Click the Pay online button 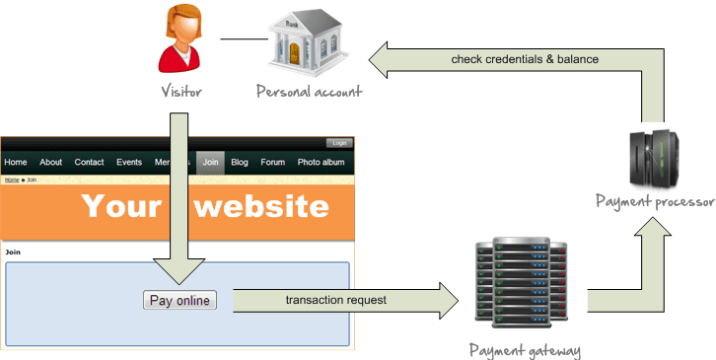tap(179, 300)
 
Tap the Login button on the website tap(339, 143)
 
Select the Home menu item tap(16, 163)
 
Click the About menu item tap(51, 163)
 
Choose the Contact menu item tap(89, 163)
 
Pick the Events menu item tap(129, 163)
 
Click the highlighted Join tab tap(210, 163)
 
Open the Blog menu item tap(240, 163)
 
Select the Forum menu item tap(272, 163)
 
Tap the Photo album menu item tap(322, 163)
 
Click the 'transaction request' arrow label tap(336, 300)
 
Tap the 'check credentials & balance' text tap(525, 59)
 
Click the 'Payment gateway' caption tap(524, 350)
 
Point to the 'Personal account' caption tap(309, 92)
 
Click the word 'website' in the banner tap(259, 206)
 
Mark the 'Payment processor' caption tap(655, 201)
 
